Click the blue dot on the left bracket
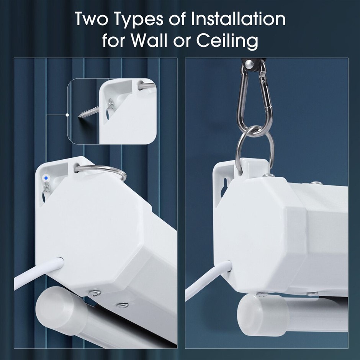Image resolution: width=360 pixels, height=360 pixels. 46,178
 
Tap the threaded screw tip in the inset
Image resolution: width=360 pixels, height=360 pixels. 80,116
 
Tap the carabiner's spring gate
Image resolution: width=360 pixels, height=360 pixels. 266,92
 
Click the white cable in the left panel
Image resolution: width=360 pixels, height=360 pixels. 37,272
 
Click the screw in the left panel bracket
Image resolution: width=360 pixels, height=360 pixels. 48,188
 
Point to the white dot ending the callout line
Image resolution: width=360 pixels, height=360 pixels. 67,115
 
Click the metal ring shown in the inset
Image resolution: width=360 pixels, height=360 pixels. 147,86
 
